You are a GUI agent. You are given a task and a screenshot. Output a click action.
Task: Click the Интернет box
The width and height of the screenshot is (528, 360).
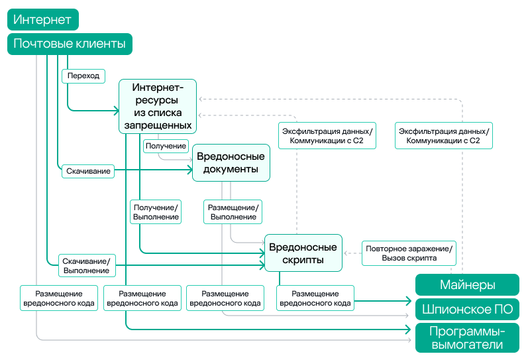click(x=42, y=20)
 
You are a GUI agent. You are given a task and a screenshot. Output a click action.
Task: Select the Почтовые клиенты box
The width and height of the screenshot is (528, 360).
click(x=70, y=44)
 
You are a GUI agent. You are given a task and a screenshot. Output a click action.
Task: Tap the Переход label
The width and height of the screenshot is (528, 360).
click(x=83, y=76)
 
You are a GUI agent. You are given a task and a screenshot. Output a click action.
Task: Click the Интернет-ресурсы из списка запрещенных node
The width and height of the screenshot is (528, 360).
click(x=158, y=106)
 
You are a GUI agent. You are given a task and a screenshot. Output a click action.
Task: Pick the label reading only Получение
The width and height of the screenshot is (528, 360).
click(x=166, y=145)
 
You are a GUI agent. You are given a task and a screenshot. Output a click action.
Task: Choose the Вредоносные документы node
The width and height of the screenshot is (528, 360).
click(x=231, y=162)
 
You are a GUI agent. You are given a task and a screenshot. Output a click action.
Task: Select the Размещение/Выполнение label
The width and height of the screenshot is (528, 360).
click(x=233, y=211)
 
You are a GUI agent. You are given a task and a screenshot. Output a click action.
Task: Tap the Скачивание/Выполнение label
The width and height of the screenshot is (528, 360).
click(x=86, y=265)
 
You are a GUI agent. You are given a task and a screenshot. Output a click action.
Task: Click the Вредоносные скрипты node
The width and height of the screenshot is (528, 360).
click(x=303, y=253)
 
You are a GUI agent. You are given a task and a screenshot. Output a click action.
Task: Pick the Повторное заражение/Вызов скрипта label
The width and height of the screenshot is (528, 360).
click(x=409, y=253)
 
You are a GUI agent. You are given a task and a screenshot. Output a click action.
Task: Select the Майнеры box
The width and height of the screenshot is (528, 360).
click(x=467, y=285)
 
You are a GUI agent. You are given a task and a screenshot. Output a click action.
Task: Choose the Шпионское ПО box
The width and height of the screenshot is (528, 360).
click(x=467, y=309)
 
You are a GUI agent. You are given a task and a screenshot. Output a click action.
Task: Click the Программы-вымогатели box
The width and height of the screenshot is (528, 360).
click(x=467, y=337)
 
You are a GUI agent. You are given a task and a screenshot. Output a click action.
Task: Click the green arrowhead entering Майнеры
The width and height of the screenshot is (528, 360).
click(x=409, y=300)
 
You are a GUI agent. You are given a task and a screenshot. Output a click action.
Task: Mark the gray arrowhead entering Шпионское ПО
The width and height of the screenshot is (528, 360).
click(x=409, y=315)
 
